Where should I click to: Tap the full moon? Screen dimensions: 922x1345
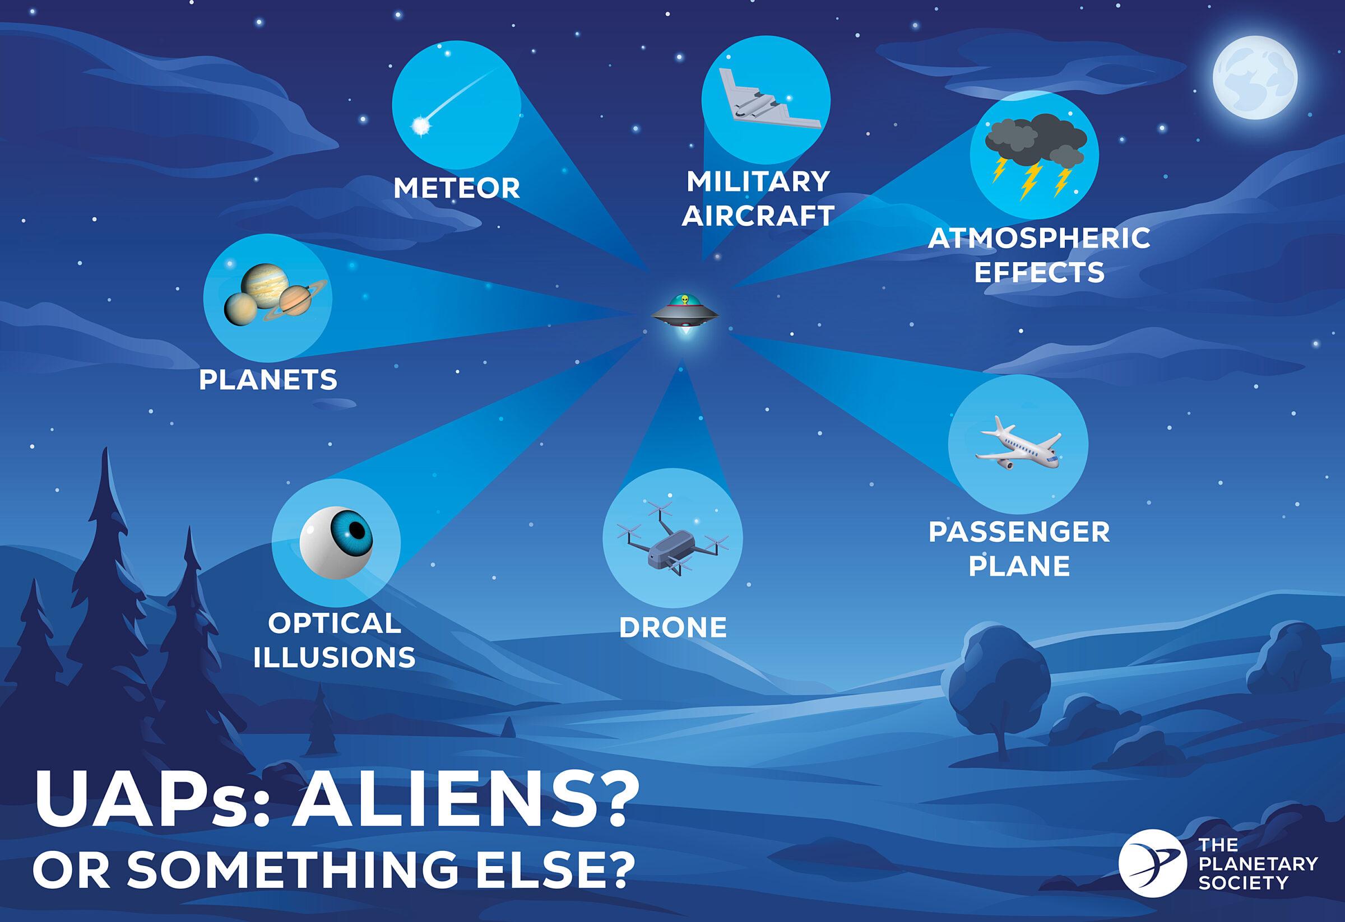(x=1255, y=77)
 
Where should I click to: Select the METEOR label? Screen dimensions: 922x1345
(x=457, y=189)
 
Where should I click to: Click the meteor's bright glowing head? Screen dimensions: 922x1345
(x=421, y=125)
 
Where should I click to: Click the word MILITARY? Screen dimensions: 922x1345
(x=758, y=181)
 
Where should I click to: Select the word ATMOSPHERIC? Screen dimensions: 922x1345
(x=1039, y=238)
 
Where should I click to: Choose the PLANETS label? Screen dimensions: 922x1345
(x=268, y=380)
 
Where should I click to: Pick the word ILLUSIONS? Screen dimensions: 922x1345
(x=335, y=658)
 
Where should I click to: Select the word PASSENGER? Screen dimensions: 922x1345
(x=1019, y=532)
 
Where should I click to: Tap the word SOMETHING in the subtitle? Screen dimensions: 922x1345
(x=293, y=869)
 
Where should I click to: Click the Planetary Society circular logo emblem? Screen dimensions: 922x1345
(x=1152, y=863)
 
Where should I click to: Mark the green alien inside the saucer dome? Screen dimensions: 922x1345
(x=685, y=300)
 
